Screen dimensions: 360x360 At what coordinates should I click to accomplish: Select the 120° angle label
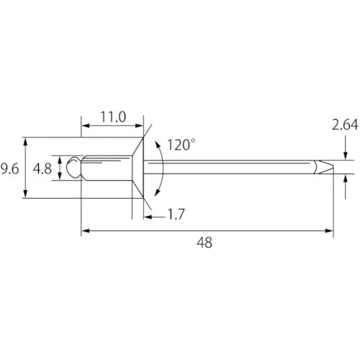(x=181, y=145)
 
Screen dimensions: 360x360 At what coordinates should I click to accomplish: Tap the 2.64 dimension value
(x=345, y=125)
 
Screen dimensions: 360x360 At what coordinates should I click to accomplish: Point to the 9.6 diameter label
(x=9, y=168)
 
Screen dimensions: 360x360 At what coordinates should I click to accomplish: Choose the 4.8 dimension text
(x=42, y=168)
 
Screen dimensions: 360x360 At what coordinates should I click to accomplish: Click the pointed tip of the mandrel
(x=333, y=166)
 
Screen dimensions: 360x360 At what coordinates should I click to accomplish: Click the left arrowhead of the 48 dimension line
(x=84, y=230)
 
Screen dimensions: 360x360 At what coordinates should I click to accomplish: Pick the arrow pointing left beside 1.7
(x=147, y=214)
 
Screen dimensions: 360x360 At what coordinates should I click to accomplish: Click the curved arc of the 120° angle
(x=163, y=167)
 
